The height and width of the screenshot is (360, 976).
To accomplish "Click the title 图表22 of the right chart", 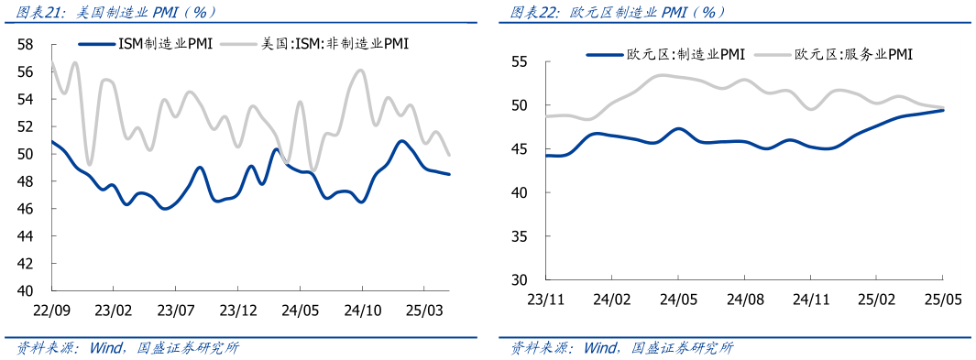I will click(618, 12).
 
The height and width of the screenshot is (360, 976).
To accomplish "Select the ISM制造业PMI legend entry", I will click(146, 43).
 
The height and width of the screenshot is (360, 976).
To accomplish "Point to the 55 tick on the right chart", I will click(520, 62).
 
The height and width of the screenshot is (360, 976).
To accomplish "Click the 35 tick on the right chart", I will click(520, 236).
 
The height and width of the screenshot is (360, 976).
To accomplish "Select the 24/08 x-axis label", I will click(746, 300).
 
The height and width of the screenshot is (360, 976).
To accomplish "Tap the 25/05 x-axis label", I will click(944, 300).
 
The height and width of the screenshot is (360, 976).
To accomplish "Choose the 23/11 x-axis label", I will click(546, 300).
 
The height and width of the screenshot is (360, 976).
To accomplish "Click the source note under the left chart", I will click(128, 348).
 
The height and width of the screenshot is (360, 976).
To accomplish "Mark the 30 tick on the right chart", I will click(520, 279).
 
